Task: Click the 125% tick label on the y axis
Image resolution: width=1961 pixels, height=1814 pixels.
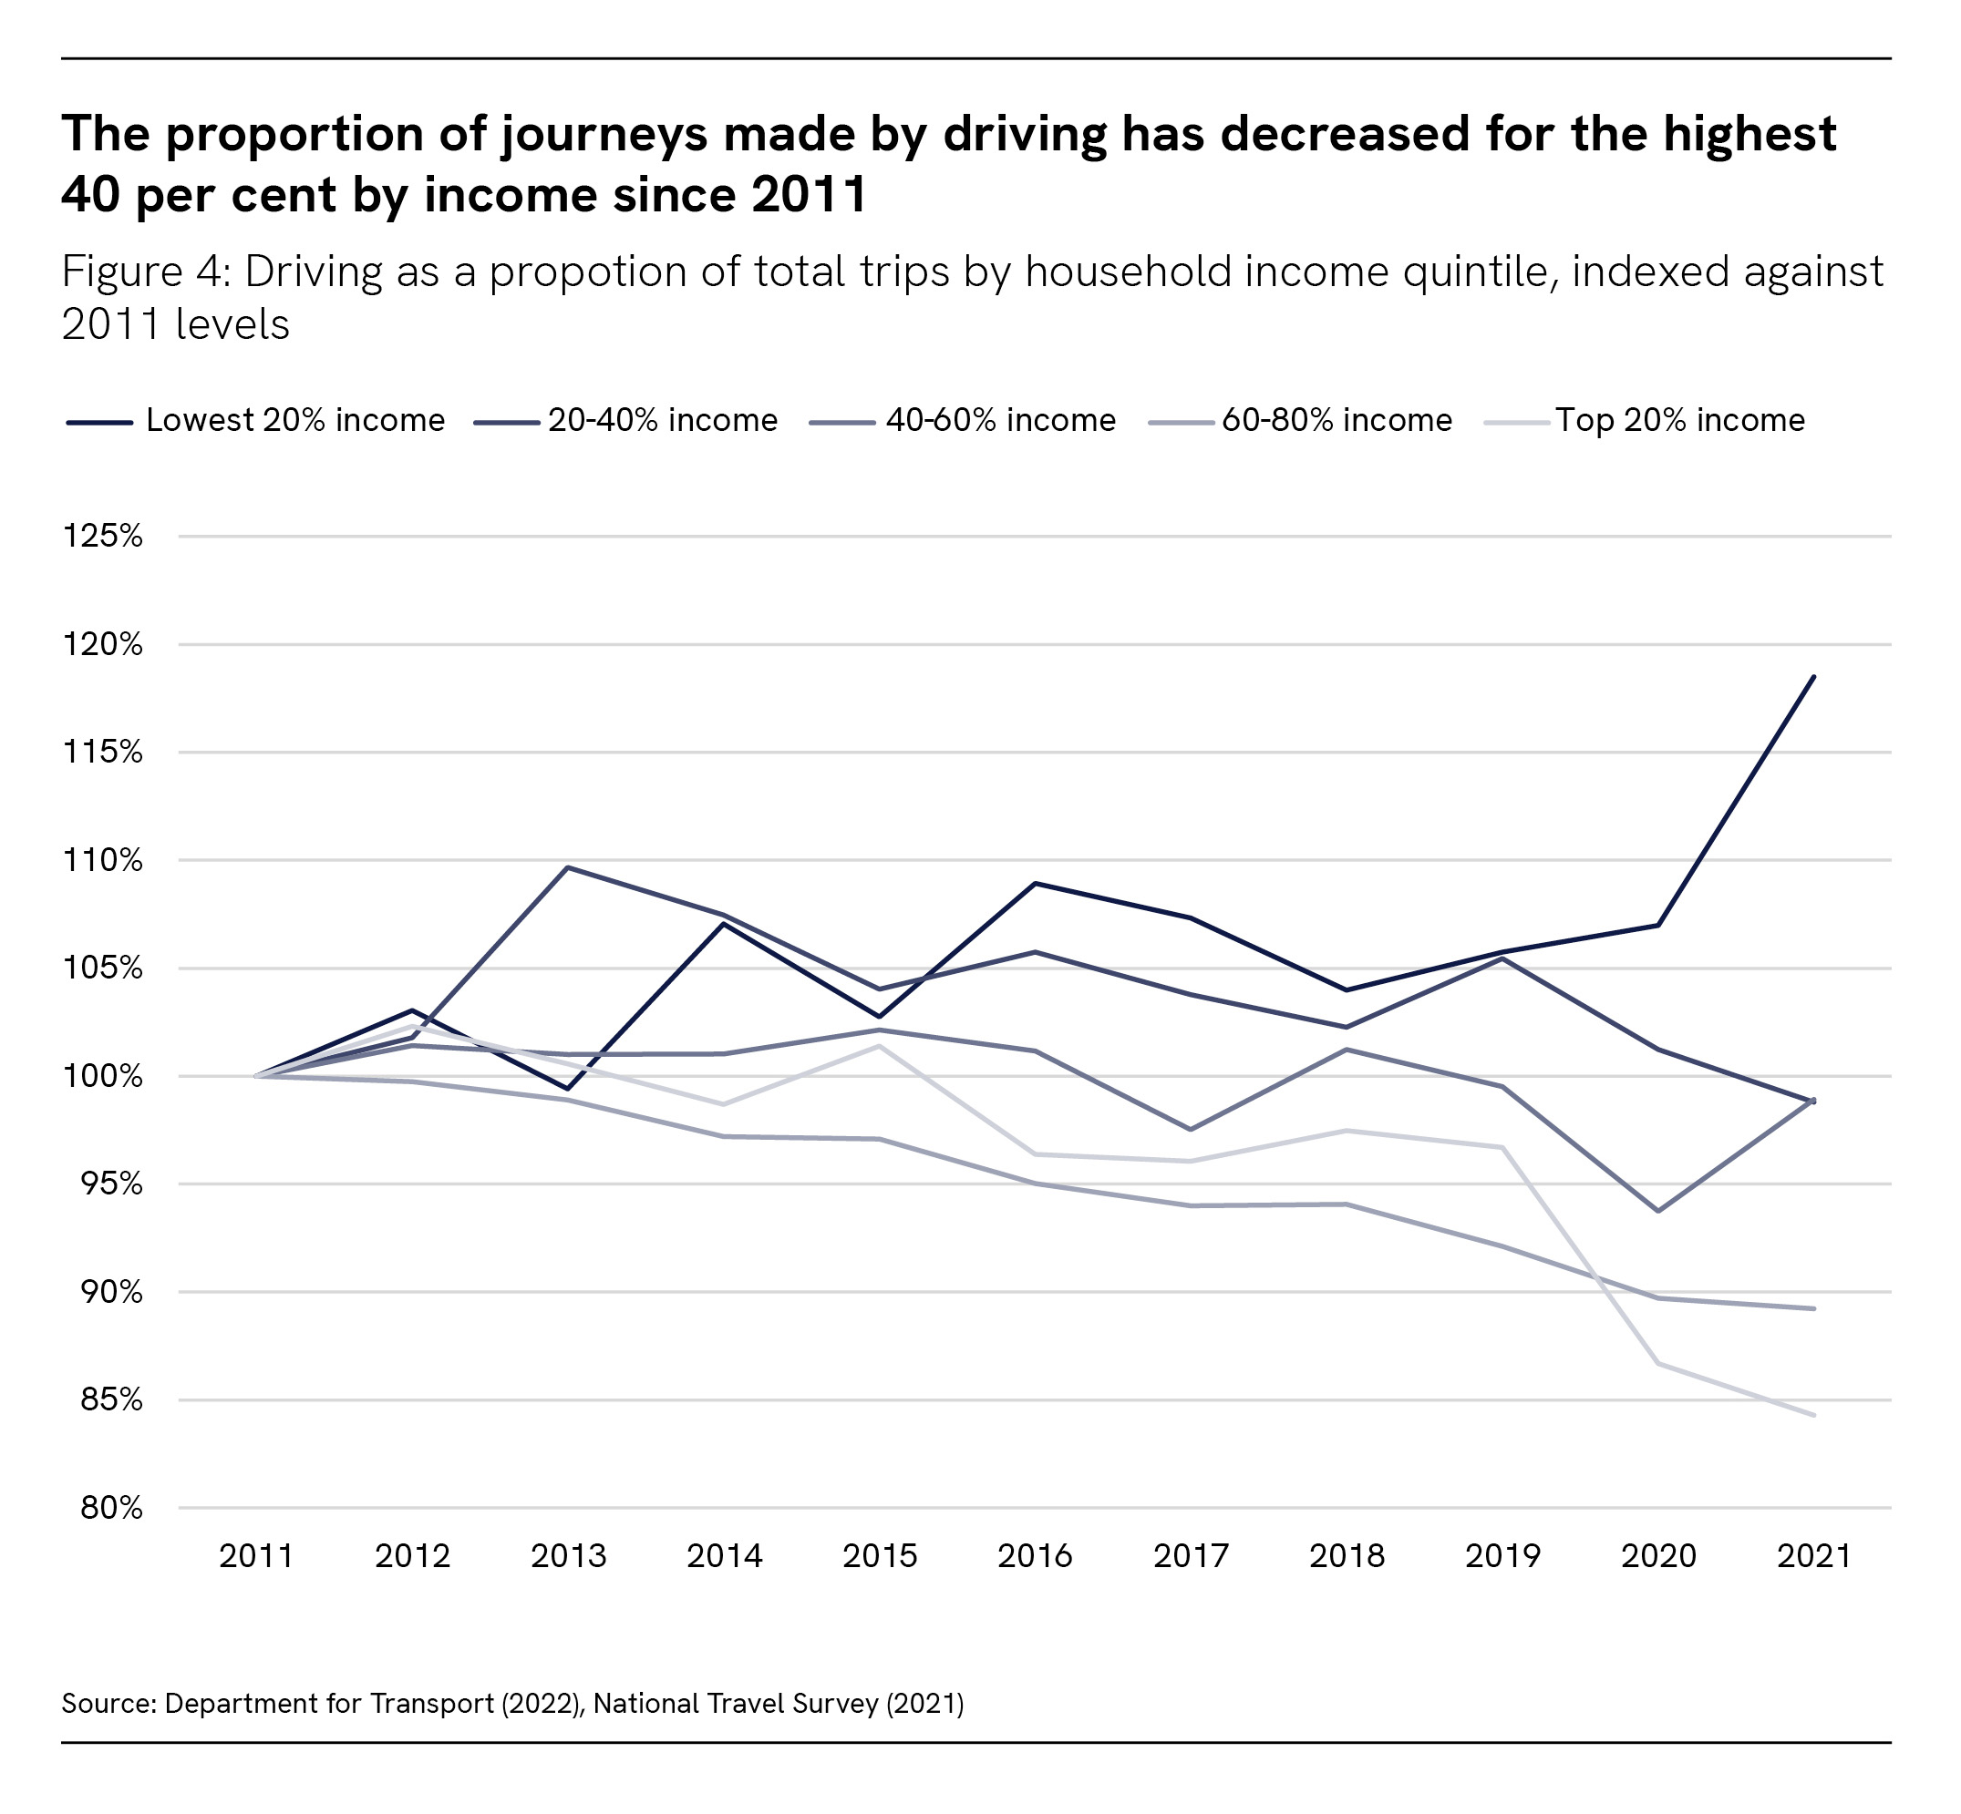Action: pyautogui.click(x=102, y=536)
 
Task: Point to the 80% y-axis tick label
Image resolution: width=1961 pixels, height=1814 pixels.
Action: pyautogui.click(x=111, y=1508)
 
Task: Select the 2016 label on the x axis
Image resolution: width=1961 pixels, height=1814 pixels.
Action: pyautogui.click(x=1034, y=1556)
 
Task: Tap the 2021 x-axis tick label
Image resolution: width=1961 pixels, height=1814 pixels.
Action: pyautogui.click(x=1812, y=1556)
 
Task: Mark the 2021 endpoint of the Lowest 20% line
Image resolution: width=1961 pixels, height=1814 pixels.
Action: pyautogui.click(x=1812, y=677)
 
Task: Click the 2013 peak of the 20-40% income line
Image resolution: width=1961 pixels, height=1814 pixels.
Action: pyautogui.click(x=569, y=867)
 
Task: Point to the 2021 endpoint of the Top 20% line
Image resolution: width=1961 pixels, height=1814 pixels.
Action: pyautogui.click(x=1812, y=1416)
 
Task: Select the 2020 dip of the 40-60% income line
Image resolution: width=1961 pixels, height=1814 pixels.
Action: pyautogui.click(x=1657, y=1211)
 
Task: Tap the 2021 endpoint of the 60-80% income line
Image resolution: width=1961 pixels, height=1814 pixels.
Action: pyautogui.click(x=1812, y=1308)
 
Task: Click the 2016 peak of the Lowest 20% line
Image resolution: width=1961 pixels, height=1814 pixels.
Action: pyautogui.click(x=1035, y=884)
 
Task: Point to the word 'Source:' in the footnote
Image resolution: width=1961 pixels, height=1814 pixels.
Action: pyautogui.click(x=108, y=1703)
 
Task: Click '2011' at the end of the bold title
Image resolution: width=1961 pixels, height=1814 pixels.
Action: pyautogui.click(x=810, y=194)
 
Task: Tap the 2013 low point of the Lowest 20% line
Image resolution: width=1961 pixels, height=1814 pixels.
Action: pyautogui.click(x=569, y=1089)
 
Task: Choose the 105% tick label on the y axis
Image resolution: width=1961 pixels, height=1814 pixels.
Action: pyautogui.click(x=102, y=968)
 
